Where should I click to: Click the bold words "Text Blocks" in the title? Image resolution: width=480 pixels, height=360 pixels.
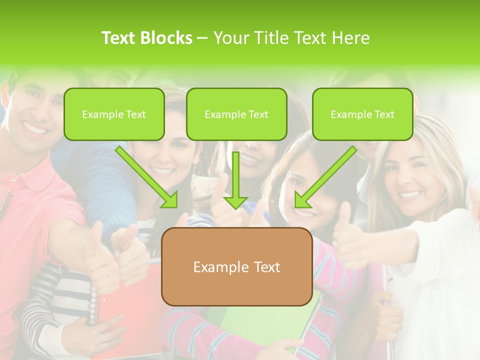[x=147, y=38]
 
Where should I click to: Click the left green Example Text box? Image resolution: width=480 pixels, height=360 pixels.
[x=114, y=114]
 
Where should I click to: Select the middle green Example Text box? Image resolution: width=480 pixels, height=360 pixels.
[x=236, y=114]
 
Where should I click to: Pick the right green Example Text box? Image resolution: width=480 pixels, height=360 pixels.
[x=362, y=114]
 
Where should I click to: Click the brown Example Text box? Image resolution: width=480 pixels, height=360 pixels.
[x=236, y=267]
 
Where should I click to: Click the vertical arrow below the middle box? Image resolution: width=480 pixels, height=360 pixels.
[x=236, y=180]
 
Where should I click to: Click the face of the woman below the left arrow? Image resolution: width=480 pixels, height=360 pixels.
[x=167, y=155]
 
